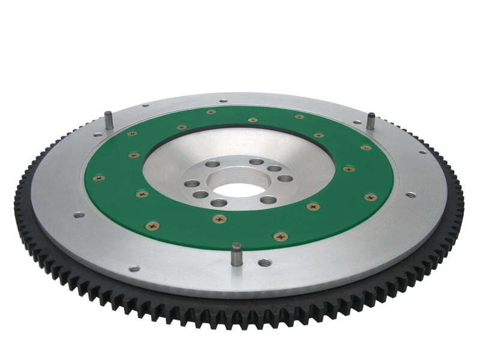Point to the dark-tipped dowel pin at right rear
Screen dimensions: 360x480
click(x=371, y=119)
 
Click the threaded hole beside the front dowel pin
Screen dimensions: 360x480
click(x=264, y=262)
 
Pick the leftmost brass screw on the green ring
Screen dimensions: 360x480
click(x=99, y=178)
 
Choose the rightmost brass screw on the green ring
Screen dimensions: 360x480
click(x=370, y=197)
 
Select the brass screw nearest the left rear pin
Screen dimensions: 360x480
click(x=132, y=133)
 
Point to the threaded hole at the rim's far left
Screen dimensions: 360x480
click(x=79, y=214)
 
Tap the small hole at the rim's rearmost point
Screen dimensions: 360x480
click(x=223, y=100)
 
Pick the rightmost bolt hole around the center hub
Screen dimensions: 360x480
click(x=286, y=178)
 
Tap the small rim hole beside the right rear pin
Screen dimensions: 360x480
click(x=358, y=122)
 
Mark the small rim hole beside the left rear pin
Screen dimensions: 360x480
click(x=145, y=106)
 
